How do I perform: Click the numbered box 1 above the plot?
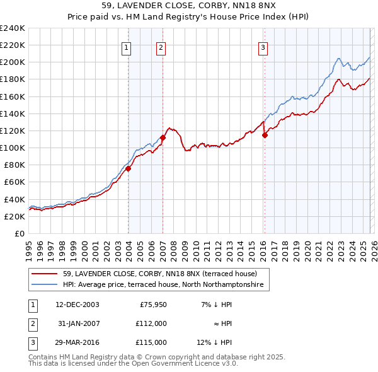[127, 47]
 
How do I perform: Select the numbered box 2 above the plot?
[161, 47]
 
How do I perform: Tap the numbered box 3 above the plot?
[263, 47]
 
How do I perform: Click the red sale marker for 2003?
[128, 168]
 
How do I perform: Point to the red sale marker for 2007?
[163, 137]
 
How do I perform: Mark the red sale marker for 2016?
[265, 135]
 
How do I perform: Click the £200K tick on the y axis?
[13, 62]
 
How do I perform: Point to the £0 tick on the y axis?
[19, 233]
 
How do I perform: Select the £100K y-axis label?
[13, 148]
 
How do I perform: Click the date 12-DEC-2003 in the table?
[77, 304]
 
